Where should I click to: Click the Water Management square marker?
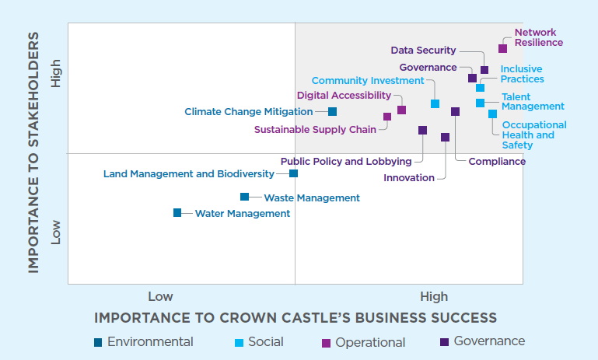click(x=177, y=212)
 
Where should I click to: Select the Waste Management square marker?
click(x=245, y=197)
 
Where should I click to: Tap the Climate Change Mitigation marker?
click(x=332, y=111)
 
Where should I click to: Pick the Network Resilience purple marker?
click(x=502, y=48)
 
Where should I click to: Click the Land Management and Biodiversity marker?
click(x=294, y=173)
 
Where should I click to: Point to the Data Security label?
click(x=423, y=51)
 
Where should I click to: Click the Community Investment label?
click(x=368, y=80)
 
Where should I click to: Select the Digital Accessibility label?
click(x=344, y=95)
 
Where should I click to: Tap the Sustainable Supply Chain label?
click(x=315, y=129)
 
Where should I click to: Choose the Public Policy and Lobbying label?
click(x=346, y=161)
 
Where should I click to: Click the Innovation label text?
click(x=409, y=177)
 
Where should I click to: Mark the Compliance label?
click(x=497, y=161)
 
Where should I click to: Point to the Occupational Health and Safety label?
click(x=534, y=135)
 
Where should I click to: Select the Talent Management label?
click(x=533, y=101)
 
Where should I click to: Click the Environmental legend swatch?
click(x=98, y=342)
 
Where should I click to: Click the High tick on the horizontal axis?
click(x=434, y=296)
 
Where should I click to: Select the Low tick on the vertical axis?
click(x=55, y=231)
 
